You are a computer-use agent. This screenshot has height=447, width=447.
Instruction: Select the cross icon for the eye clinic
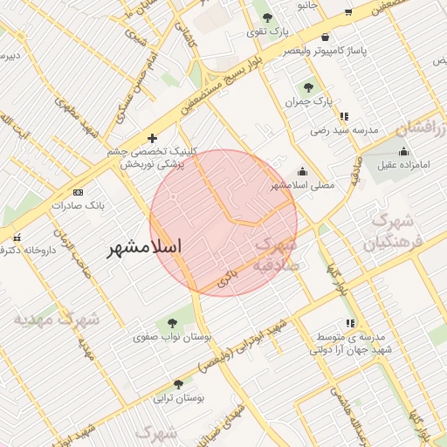[x=153, y=138]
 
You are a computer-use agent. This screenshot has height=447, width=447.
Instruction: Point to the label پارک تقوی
[x=265, y=31]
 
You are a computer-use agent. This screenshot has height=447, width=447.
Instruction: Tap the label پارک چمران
[x=309, y=102]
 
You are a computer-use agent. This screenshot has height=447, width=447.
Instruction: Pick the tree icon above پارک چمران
[x=308, y=86]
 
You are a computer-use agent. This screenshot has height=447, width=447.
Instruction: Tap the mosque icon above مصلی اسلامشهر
[x=303, y=171]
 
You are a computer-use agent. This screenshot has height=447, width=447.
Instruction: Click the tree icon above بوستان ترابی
[x=179, y=384]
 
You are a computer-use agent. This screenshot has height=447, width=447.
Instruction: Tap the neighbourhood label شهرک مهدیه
[x=54, y=320]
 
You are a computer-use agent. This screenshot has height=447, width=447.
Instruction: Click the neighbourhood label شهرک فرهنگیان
[x=398, y=231]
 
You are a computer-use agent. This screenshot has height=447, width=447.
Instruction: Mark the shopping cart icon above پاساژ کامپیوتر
[x=326, y=38]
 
